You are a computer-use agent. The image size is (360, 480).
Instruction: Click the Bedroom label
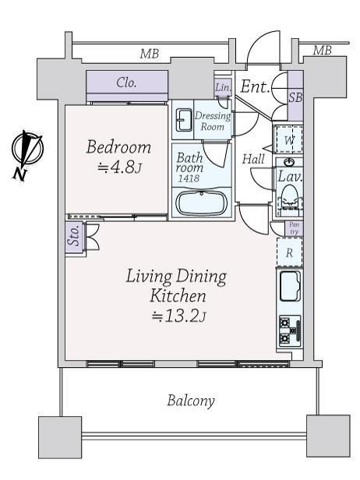click(118, 147)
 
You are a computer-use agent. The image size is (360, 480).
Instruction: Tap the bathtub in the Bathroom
click(201, 203)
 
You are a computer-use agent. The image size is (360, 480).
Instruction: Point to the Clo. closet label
click(126, 83)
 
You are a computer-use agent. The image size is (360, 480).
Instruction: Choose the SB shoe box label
click(296, 97)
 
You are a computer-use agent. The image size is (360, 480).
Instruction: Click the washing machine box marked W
click(289, 139)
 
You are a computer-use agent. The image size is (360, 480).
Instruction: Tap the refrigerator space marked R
click(290, 252)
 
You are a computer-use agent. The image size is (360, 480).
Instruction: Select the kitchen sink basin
click(290, 287)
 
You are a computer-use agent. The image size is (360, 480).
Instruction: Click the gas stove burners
click(290, 330)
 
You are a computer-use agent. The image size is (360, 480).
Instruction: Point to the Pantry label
click(294, 228)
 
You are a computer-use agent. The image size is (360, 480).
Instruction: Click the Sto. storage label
click(74, 235)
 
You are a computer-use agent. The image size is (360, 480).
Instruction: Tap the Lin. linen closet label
click(223, 87)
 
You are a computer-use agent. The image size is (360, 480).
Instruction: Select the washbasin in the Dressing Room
click(183, 120)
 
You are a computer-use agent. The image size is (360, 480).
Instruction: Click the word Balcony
click(191, 401)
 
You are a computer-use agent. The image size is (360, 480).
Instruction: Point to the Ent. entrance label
click(256, 86)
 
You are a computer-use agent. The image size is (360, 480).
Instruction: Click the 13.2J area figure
click(178, 316)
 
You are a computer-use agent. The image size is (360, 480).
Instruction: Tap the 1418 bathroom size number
click(189, 178)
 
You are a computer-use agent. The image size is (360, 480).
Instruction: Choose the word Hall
click(253, 159)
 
